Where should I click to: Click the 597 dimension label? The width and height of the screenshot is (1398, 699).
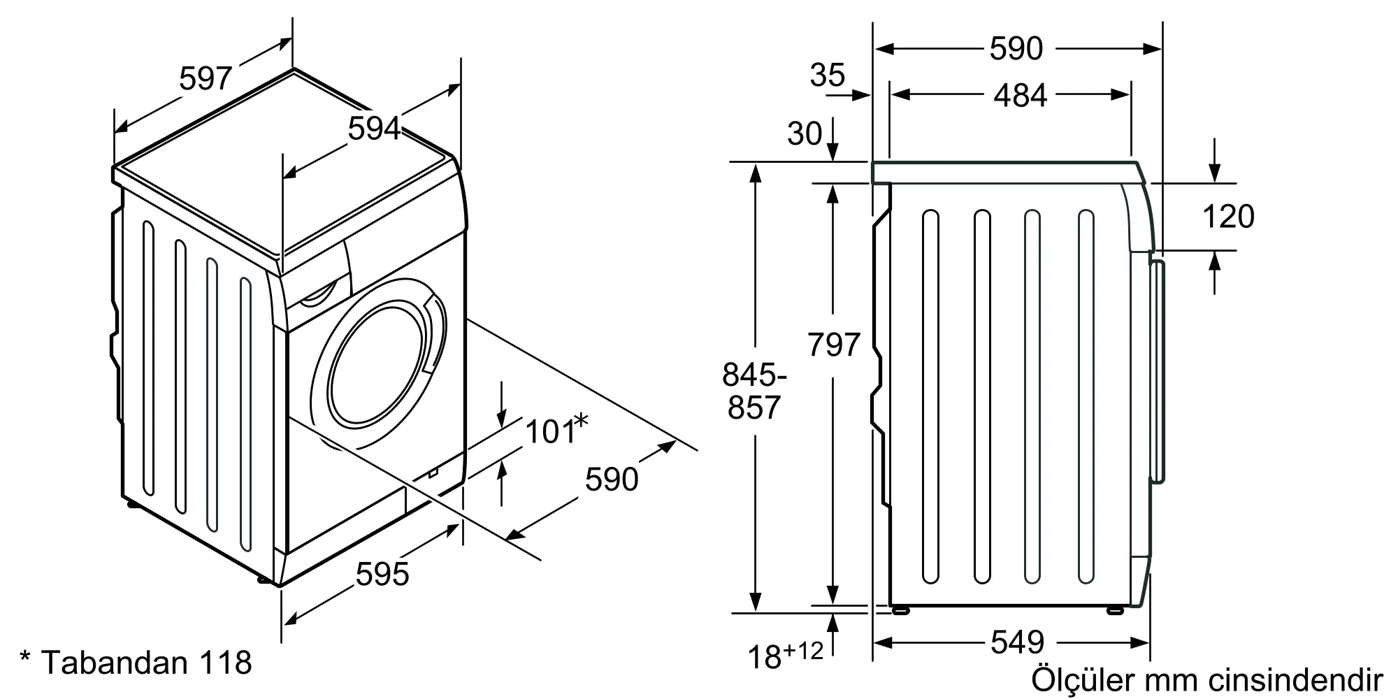click(x=206, y=78)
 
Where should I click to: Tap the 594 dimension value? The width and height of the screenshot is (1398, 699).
click(x=375, y=128)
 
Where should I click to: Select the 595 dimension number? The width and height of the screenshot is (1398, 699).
click(x=382, y=574)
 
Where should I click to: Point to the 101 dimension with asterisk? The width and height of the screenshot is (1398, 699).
click(x=557, y=429)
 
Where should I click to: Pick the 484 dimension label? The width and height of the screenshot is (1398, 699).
click(x=1021, y=96)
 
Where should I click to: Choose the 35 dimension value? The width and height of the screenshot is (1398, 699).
click(x=828, y=75)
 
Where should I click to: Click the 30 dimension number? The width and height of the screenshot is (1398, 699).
click(x=805, y=134)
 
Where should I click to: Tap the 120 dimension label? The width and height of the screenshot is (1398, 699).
click(x=1228, y=217)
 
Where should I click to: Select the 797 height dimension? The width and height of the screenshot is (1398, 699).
click(x=833, y=345)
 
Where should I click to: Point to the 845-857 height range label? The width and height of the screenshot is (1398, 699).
click(x=754, y=391)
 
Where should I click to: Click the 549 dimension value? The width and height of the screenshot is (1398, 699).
click(x=1018, y=642)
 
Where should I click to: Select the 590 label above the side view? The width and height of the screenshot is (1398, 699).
click(x=1016, y=48)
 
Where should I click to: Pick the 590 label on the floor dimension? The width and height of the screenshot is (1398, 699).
click(x=612, y=479)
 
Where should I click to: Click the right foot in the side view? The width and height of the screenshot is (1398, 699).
click(x=1115, y=610)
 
